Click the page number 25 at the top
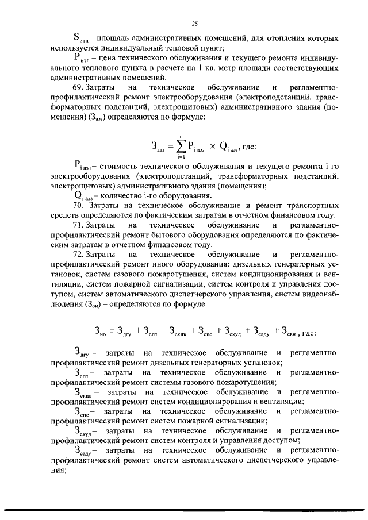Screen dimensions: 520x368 pyautogui.click(x=194, y=24)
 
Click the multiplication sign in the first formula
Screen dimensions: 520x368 pyautogui.click(x=212, y=147)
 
